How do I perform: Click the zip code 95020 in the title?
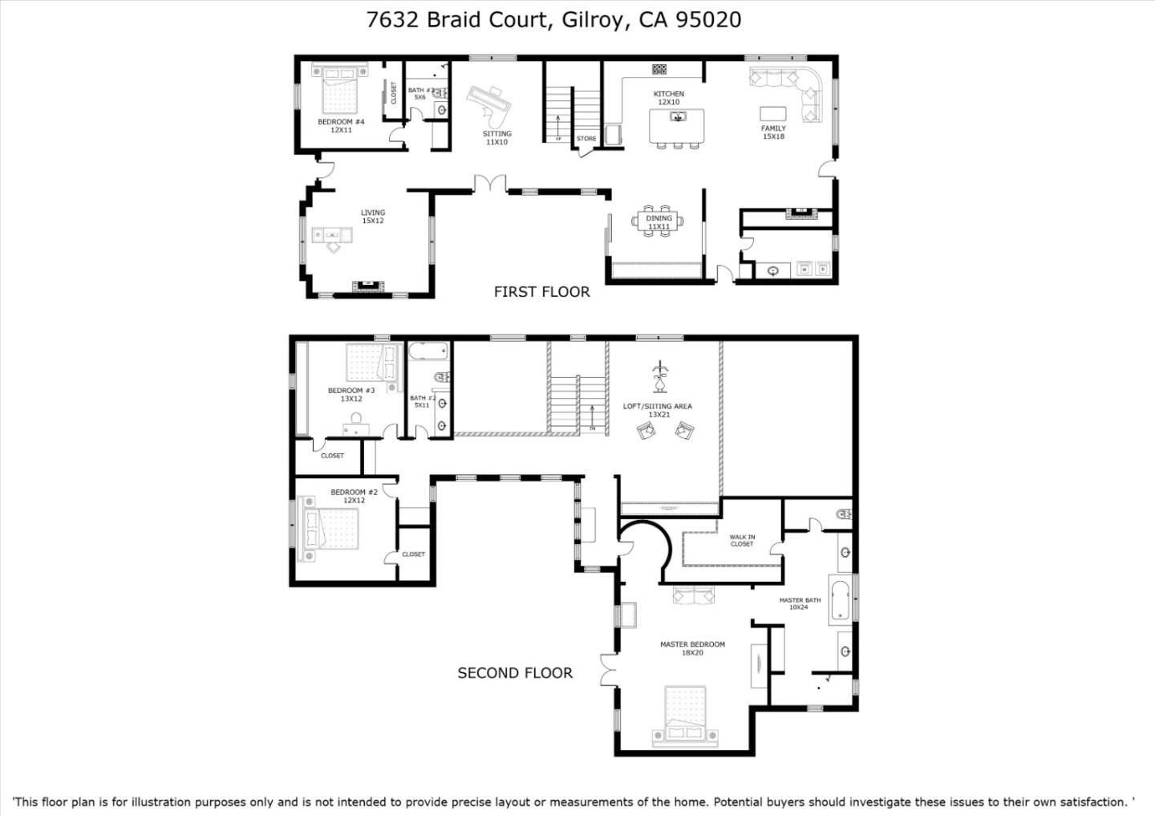click(708, 19)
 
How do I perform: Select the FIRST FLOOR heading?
click(541, 292)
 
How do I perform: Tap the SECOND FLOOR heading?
click(515, 673)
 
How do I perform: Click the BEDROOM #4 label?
click(341, 122)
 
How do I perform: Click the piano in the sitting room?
click(491, 103)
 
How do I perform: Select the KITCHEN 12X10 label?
click(668, 98)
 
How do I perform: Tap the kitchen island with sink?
click(677, 125)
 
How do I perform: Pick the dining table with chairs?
click(659, 218)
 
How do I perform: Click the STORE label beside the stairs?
click(586, 139)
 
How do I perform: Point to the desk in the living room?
click(333, 235)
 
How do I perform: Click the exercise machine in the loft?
click(659, 376)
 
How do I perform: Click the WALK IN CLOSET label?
click(742, 541)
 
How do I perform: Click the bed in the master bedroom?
click(685, 714)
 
